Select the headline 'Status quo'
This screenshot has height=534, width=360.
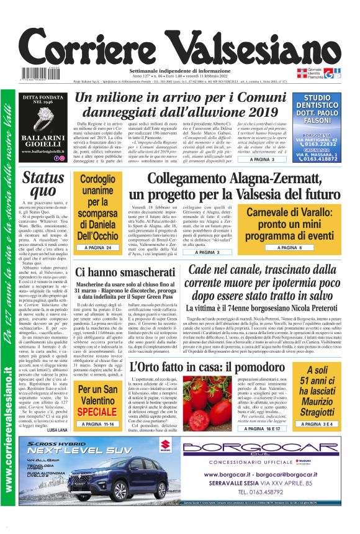click(43, 184)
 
